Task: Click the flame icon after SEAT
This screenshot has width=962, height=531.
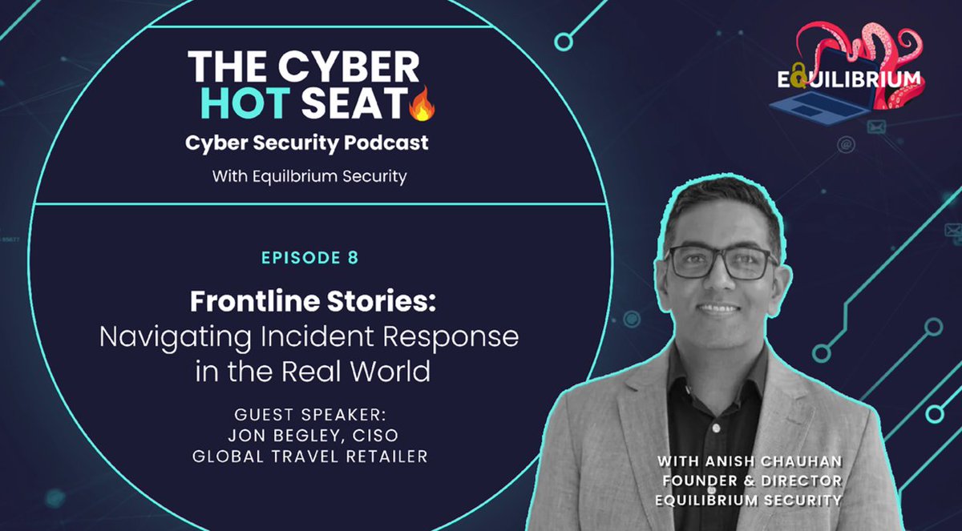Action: (x=422, y=105)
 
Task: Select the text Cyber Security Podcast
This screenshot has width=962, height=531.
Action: (x=307, y=143)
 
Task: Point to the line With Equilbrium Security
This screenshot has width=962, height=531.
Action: (x=309, y=175)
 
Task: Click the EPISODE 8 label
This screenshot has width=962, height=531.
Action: (x=309, y=258)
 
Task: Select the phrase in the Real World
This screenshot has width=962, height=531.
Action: (x=309, y=372)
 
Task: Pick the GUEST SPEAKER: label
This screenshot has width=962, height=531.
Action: (x=309, y=416)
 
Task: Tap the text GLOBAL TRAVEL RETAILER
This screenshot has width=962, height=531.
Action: (x=309, y=455)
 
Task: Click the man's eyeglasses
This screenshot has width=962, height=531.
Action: (x=721, y=261)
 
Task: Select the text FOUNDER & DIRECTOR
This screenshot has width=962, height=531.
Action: (x=750, y=481)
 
